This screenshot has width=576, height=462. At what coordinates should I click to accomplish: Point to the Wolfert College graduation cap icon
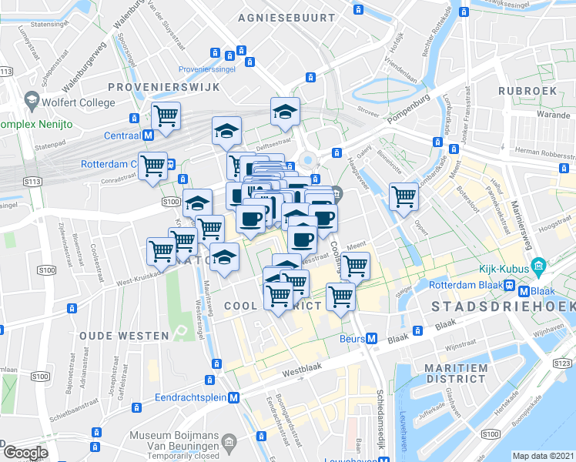coord(32,101)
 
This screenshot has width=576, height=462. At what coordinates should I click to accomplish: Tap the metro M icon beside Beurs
coord(371,338)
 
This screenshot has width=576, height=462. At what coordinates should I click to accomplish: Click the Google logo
coord(25,453)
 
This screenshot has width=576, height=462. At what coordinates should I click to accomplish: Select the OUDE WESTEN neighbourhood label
coord(124,336)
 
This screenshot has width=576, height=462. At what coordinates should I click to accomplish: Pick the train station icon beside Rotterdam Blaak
coord(510,291)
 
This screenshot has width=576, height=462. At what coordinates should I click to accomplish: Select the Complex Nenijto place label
coord(36,123)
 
